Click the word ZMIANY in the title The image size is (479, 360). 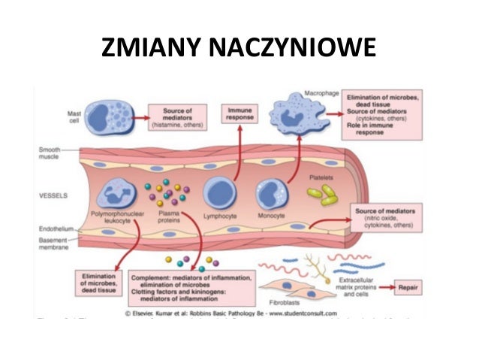coord(149,50)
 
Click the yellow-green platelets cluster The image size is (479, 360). coord(323,195)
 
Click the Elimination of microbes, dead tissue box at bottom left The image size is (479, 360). coord(98,285)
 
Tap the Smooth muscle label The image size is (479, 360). coord(50,155)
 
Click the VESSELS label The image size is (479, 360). coord(53,195)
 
